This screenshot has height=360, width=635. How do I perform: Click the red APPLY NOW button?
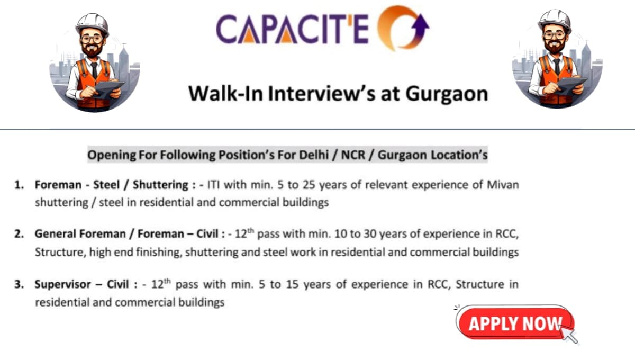coord(514,323)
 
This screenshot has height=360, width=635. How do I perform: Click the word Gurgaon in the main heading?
coord(446,93)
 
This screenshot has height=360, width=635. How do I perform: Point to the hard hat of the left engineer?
coord(92,22)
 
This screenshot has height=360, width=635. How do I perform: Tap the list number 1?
coord(19,185)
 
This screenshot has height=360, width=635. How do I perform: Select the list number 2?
coord(19,235)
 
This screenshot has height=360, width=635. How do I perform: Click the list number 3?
coord(19,284)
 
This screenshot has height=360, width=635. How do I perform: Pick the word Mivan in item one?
coord(503,185)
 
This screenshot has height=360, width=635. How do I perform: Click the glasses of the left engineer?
coord(92,39)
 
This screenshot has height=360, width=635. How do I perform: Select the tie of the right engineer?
coord(556,66)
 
